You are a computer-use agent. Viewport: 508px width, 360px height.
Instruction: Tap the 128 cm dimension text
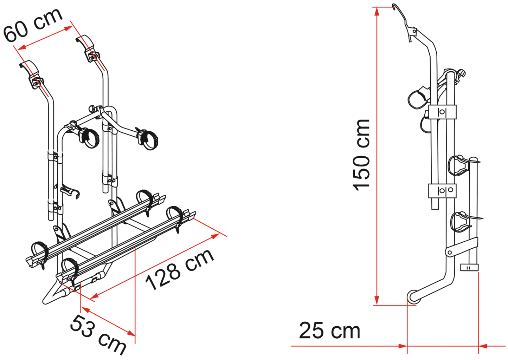click(x=180, y=270)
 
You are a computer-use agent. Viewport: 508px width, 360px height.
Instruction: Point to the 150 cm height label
click(x=361, y=155)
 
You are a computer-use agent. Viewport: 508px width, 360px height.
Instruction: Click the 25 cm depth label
click(x=329, y=331)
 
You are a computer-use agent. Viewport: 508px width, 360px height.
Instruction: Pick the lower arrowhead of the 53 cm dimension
click(x=131, y=333)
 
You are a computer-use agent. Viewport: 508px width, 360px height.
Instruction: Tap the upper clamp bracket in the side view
click(x=442, y=112)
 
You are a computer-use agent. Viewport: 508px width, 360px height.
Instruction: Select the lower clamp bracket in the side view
click(x=442, y=191)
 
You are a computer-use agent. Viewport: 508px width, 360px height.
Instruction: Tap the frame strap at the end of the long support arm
click(x=148, y=139)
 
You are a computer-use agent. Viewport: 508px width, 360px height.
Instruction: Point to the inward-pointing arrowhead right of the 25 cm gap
click(x=483, y=346)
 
